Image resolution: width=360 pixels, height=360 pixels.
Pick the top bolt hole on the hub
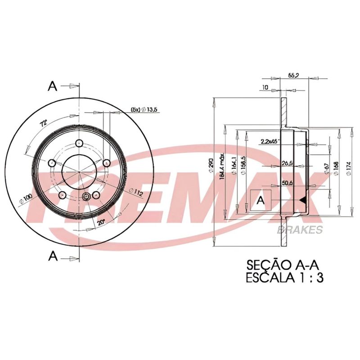[80, 143]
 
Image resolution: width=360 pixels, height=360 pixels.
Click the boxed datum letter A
[260, 202]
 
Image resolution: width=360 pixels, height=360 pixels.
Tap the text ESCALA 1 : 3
[284, 278]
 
